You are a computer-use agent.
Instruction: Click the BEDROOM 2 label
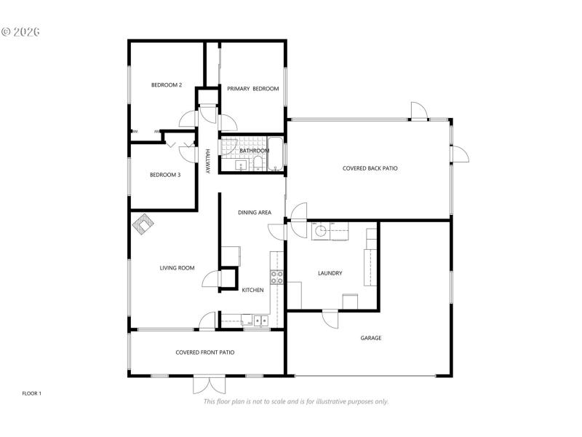coord(166,85)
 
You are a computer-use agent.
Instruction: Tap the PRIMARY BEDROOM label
coord(252,89)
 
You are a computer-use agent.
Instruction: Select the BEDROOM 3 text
coord(165,174)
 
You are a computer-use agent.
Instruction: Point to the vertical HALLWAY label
coord(207,161)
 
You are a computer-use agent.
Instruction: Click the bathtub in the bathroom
coord(276,154)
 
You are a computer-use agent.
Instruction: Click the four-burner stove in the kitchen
coord(277,276)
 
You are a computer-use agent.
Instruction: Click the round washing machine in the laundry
coord(321,232)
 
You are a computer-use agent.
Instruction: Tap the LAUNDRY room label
coord(330,273)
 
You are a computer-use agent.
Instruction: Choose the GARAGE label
coord(371,338)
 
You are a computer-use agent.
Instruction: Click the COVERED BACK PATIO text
coord(370,168)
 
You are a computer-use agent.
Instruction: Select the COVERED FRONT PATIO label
coord(204,353)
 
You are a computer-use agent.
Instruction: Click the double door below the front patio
coord(207,384)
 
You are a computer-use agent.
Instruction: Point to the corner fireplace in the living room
coord(143,224)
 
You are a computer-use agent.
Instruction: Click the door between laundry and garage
coord(330,318)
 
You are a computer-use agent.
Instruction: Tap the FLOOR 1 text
coord(32,393)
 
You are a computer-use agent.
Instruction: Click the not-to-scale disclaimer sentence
coord(295,401)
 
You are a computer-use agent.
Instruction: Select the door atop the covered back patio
coord(419,113)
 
